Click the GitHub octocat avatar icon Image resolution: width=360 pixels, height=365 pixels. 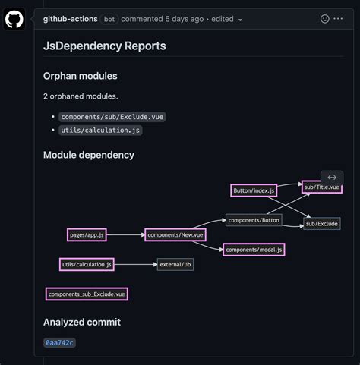(x=14, y=19)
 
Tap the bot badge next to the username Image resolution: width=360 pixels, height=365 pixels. (x=109, y=18)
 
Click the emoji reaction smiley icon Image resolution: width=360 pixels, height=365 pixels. (x=325, y=18)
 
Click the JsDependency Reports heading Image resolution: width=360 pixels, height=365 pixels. (x=104, y=46)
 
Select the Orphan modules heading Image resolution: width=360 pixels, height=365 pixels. (x=80, y=76)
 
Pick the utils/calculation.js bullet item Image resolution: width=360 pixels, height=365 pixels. (x=100, y=130)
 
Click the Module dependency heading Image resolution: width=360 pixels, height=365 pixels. (x=88, y=155)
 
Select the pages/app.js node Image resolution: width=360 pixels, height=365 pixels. (x=86, y=235)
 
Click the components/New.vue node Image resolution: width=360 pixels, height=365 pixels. (x=175, y=235)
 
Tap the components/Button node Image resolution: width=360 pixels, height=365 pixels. (x=254, y=219)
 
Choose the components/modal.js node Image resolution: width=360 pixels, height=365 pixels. (x=254, y=249)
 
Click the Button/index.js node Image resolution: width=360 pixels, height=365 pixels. (x=254, y=190)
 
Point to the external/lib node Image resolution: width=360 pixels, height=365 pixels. (x=175, y=264)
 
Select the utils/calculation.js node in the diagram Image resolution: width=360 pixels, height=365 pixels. (x=87, y=264)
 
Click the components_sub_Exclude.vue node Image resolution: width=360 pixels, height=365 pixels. (x=86, y=294)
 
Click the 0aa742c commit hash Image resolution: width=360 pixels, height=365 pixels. (x=59, y=343)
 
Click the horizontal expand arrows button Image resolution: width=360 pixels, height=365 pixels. (x=332, y=177)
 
